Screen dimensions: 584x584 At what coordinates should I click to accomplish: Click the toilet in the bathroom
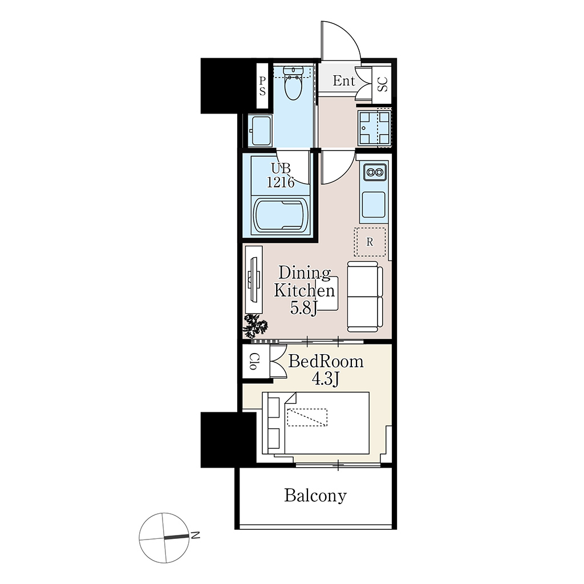coord(294,83)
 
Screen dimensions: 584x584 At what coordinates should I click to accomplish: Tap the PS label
coord(262,86)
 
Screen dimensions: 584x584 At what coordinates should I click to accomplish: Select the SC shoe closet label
coord(383,84)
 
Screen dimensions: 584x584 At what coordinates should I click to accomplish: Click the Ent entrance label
coord(343,81)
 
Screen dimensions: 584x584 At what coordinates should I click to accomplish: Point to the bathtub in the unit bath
coord(281,216)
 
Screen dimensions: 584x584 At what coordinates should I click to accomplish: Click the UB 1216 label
coord(281,176)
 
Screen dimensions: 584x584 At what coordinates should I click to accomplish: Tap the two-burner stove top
coord(374,172)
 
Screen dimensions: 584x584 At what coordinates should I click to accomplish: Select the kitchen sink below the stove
coord(373,205)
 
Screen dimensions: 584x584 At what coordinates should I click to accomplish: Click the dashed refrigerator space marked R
coord(370,242)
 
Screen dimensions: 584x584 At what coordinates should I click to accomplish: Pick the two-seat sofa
coord(365,297)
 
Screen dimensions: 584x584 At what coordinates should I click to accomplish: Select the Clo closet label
coord(253,361)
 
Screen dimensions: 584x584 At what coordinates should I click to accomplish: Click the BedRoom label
coord(326,361)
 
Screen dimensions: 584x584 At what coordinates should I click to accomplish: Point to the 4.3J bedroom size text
coord(325,379)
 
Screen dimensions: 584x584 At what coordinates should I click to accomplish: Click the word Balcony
coord(315,496)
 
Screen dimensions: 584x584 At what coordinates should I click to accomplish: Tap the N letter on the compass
coord(195,536)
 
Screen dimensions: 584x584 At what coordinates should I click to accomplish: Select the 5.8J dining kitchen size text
coord(303,308)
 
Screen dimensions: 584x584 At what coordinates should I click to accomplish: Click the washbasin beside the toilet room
coord(260,131)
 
